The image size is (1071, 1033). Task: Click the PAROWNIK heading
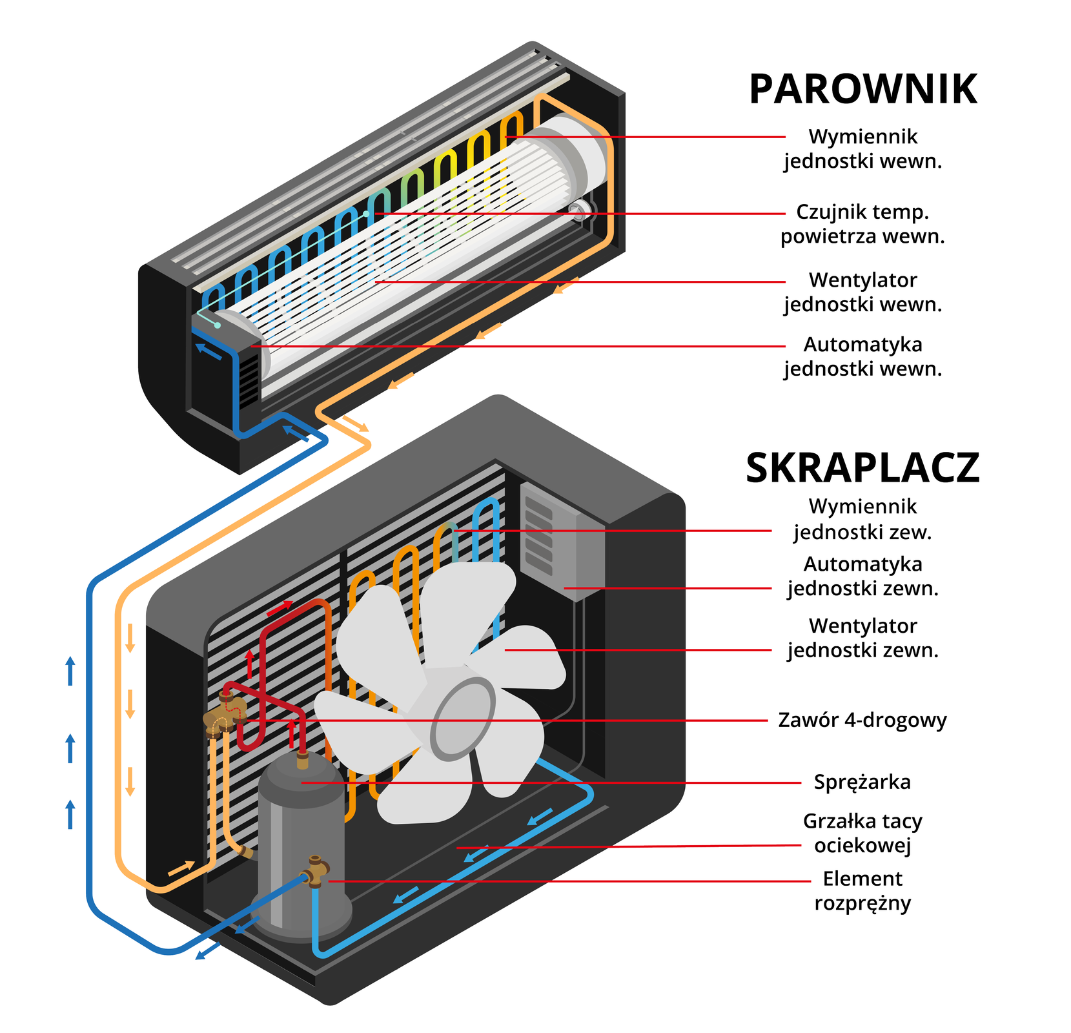[x=862, y=90]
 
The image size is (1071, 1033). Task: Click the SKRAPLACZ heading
[x=862, y=468]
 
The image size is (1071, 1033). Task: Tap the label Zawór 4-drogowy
[x=862, y=720]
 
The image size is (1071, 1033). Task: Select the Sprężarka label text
[x=862, y=782]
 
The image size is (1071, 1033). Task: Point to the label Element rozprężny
[x=862, y=890]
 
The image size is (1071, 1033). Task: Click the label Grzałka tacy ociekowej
[x=862, y=833]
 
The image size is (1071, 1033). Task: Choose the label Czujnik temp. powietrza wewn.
[x=862, y=224]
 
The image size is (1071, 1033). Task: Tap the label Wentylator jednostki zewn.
[x=862, y=638]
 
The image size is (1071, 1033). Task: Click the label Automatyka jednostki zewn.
[x=862, y=576]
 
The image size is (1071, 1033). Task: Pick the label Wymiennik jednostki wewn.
[x=862, y=148]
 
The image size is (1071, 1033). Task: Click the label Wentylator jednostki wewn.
[x=862, y=292]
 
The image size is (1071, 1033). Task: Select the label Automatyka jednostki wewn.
[x=862, y=356]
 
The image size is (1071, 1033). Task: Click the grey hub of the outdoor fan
[x=462, y=720]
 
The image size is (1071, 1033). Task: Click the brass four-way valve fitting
[x=223, y=717]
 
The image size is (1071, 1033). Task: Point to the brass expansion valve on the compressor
[x=316, y=872]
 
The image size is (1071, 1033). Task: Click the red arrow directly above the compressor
[x=292, y=733]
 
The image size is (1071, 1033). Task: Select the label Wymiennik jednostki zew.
[x=862, y=520]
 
